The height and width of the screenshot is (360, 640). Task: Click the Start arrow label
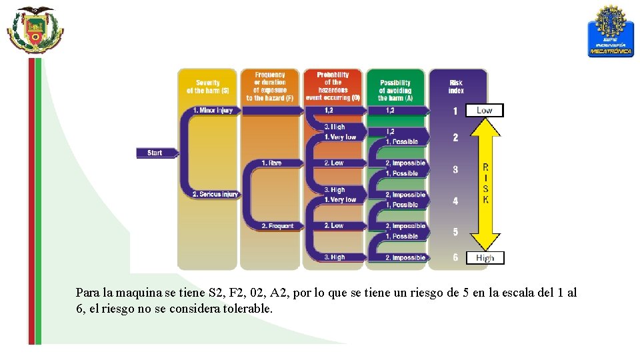(x=155, y=153)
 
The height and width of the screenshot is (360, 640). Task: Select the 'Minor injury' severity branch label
(x=212, y=110)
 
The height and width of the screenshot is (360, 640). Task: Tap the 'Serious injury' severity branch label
(x=215, y=194)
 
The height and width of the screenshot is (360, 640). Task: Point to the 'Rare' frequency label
(x=271, y=163)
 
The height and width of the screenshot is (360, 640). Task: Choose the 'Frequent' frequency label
(x=277, y=226)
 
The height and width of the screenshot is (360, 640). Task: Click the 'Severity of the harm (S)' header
(x=207, y=87)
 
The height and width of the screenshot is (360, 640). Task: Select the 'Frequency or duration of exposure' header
(x=269, y=86)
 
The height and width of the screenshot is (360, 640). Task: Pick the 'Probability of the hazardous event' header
(x=333, y=86)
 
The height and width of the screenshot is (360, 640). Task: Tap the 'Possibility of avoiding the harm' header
(x=395, y=87)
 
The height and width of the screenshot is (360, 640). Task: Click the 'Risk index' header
(x=456, y=87)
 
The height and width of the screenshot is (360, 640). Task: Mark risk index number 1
(x=455, y=111)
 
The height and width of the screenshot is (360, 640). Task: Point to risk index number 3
(x=455, y=169)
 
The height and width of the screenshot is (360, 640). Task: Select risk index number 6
(x=455, y=257)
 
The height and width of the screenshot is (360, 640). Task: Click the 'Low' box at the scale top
(x=485, y=110)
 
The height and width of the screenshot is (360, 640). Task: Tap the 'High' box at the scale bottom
(x=485, y=258)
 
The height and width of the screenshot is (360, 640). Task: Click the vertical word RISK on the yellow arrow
(x=485, y=183)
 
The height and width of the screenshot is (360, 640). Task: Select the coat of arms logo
(x=35, y=30)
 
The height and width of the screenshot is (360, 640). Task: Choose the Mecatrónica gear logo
(x=610, y=31)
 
